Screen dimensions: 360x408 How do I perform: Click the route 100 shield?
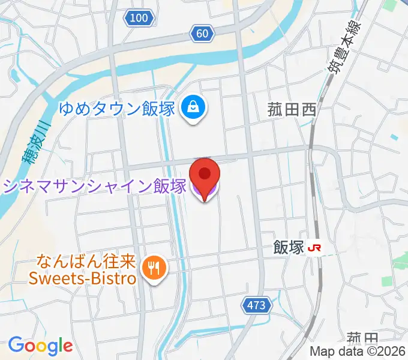(x=139, y=19)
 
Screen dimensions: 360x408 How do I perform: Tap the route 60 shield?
(x=202, y=34)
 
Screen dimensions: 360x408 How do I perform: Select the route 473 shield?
(x=255, y=305)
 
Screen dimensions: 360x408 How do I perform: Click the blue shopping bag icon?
(x=194, y=108)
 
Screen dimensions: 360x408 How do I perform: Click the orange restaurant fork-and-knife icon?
(x=154, y=268)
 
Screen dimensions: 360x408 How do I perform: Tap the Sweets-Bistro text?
(x=84, y=278)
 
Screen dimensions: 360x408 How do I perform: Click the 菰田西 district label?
(x=291, y=109)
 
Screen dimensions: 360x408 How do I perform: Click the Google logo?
(x=40, y=346)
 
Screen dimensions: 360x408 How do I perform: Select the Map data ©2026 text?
(x=358, y=352)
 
